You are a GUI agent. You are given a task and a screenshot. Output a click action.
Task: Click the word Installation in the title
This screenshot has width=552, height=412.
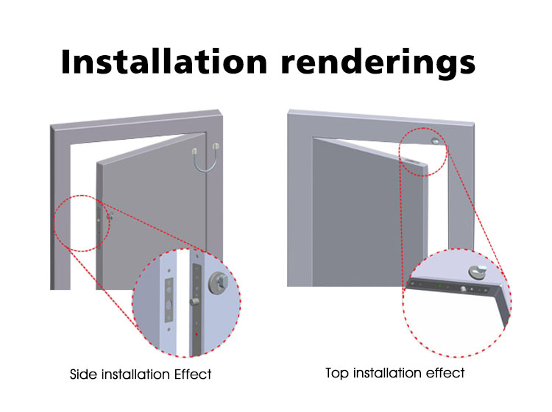tap(164, 62)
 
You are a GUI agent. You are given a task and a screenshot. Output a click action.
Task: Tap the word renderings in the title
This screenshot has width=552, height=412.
tap(378, 64)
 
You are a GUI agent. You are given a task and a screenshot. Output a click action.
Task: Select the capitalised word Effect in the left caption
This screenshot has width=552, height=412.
tap(193, 374)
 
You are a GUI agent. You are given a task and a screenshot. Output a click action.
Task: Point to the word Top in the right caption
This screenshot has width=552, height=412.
tap(337, 374)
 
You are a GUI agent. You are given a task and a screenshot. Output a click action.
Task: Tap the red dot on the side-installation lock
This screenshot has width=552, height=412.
tap(197, 334)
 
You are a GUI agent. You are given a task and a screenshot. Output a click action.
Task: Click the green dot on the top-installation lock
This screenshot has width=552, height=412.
tap(439, 286)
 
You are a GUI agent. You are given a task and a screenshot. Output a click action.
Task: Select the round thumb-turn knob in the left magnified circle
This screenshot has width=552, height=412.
tap(218, 283)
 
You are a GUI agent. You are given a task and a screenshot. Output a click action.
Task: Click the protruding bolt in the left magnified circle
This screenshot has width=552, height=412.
tap(194, 302)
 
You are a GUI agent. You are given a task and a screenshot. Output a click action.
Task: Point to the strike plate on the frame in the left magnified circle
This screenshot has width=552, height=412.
tap(169, 300)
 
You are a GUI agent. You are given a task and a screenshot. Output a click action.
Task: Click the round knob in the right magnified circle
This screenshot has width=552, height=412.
tap(478, 271)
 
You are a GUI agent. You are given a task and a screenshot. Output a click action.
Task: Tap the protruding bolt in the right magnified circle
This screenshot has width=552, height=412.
tap(463, 289)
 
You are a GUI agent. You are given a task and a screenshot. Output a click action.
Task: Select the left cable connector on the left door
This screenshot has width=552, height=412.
tap(194, 152)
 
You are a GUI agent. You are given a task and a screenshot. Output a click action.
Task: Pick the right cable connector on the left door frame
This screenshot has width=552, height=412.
tap(216, 146)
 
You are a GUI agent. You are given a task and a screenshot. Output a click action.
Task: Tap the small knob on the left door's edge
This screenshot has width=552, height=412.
tap(110, 216)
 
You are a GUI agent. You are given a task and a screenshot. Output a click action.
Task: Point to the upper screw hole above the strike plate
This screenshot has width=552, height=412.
tap(169, 271)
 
